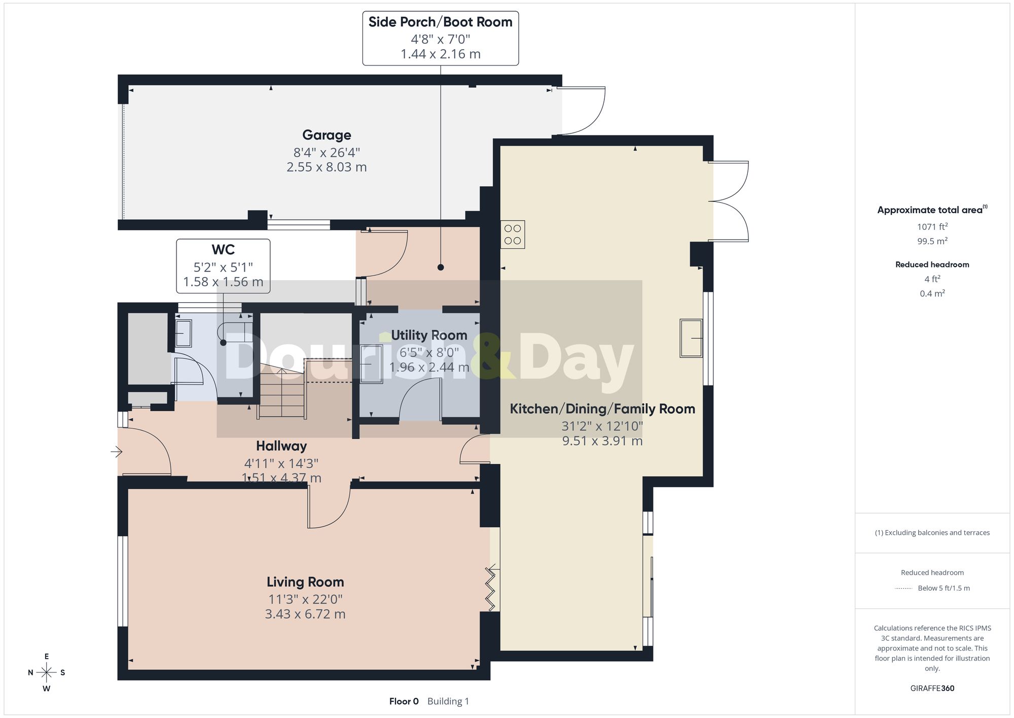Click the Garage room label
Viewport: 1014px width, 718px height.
click(327, 135)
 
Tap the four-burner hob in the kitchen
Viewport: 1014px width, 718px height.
click(513, 234)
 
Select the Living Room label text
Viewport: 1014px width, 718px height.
click(305, 582)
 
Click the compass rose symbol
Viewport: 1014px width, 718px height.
click(47, 673)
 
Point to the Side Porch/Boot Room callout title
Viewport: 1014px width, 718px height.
click(440, 22)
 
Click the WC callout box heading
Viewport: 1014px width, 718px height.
click(223, 250)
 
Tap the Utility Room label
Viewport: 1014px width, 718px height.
click(429, 335)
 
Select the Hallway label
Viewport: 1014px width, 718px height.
click(281, 446)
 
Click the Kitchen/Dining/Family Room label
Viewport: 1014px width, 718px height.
click(602, 409)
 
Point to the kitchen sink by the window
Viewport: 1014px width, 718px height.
click(691, 338)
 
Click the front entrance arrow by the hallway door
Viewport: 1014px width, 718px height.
click(117, 451)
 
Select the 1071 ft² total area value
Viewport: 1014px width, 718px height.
click(932, 227)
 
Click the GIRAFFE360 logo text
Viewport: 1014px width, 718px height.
click(932, 689)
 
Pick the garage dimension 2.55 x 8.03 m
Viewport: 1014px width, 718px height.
click(327, 167)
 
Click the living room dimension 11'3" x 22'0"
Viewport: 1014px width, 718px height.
click(305, 599)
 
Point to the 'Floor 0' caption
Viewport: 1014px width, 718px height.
click(404, 701)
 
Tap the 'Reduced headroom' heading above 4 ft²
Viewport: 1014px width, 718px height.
click(932, 264)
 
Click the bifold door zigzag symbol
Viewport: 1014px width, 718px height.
click(491, 589)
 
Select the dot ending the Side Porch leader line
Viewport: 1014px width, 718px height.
click(441, 267)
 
